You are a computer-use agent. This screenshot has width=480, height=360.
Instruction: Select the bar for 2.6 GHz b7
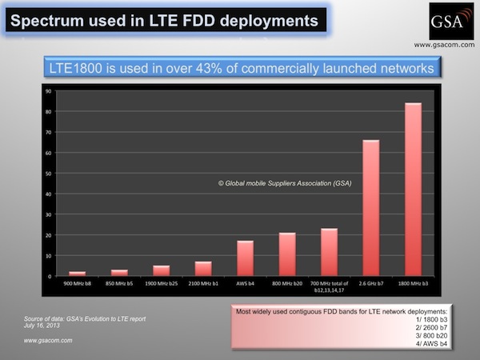coord(370,208)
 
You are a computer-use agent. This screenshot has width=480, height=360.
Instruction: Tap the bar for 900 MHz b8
coord(77,274)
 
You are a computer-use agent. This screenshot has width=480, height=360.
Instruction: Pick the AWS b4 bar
coord(245,258)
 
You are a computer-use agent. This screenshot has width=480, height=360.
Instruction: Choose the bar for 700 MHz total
coord(329,252)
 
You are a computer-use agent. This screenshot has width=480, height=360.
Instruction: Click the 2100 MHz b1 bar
coord(202,269)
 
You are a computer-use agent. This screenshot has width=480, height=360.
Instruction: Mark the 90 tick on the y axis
coord(48,91)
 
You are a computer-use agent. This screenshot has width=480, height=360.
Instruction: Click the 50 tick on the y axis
coord(48,174)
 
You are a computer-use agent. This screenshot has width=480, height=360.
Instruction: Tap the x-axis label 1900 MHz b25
coord(161,284)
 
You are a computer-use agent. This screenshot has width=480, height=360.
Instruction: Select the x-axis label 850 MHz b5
coord(118,284)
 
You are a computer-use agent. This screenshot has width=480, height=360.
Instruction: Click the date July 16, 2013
coord(43,326)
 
